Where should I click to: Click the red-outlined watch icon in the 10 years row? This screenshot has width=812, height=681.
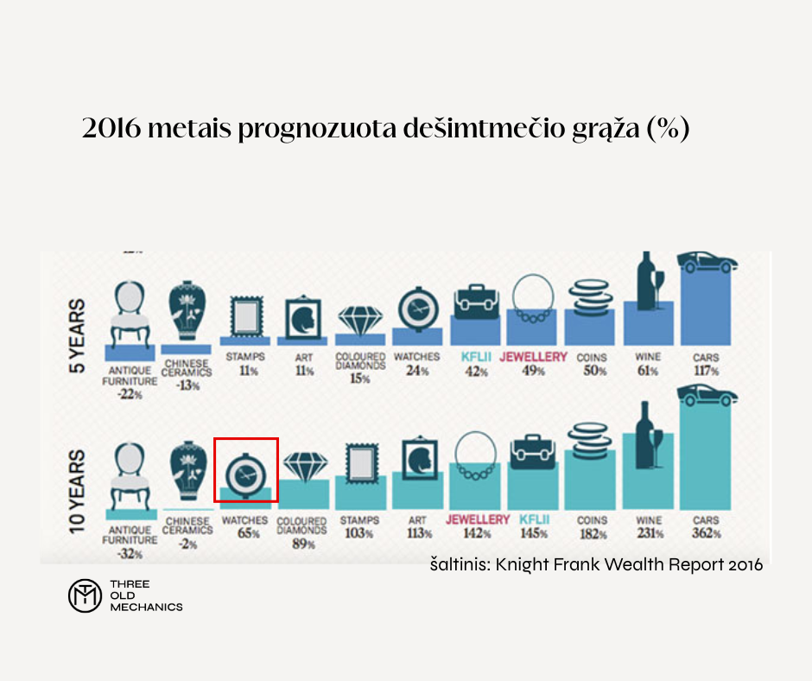[x=245, y=469]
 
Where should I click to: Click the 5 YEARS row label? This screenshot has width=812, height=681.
[x=77, y=335]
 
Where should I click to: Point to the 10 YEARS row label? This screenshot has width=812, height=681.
[x=77, y=490]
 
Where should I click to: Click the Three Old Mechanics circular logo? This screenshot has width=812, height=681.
[x=85, y=595]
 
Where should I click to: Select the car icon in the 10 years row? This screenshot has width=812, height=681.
[x=708, y=396]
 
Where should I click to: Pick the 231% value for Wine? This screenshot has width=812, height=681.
[x=648, y=534]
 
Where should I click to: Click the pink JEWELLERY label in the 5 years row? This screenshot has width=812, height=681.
[x=534, y=356]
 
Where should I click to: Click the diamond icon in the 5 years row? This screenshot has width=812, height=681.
[x=359, y=320]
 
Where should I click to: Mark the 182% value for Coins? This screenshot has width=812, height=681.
[x=592, y=534]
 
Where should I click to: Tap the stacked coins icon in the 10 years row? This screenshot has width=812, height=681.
[x=592, y=436]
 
